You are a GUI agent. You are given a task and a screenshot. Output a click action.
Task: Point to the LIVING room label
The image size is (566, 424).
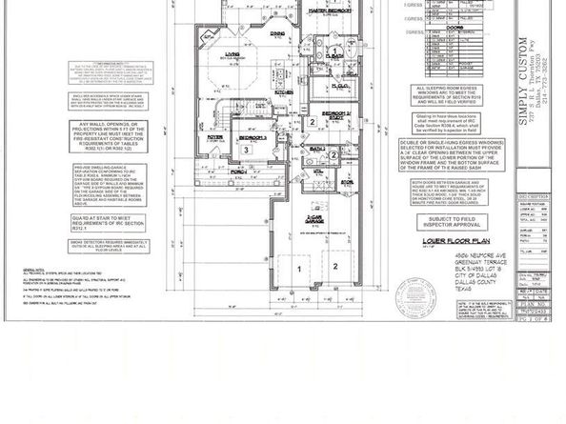[x=232, y=55]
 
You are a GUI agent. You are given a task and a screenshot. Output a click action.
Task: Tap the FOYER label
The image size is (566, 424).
[x=215, y=136]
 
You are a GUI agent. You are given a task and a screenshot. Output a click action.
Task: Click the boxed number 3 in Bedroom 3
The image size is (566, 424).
[x=247, y=150]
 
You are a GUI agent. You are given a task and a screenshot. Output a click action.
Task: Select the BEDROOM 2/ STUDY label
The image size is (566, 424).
[x=313, y=112]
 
